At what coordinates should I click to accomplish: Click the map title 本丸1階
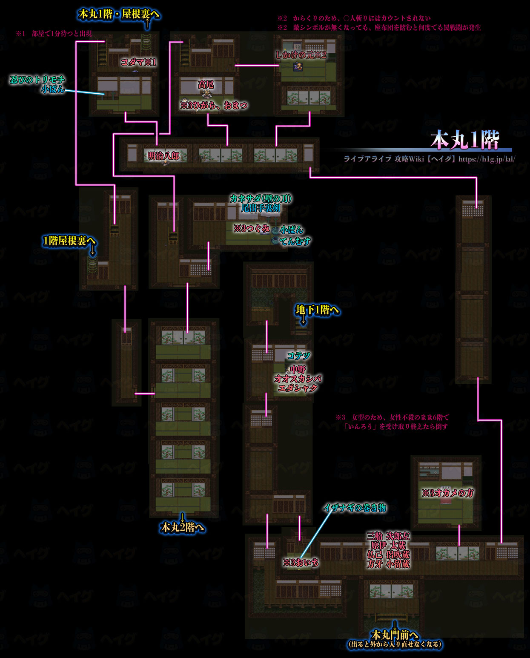tap(464, 140)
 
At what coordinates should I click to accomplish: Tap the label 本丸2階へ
tap(182, 527)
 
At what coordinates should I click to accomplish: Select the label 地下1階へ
tap(317, 310)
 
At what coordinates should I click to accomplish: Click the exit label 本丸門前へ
tap(395, 635)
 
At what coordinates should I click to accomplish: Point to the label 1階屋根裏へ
tap(69, 241)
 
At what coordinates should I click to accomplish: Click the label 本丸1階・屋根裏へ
tap(119, 14)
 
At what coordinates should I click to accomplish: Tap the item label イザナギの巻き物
tap(355, 508)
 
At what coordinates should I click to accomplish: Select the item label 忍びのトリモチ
tap(37, 80)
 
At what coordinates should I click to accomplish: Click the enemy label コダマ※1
tap(138, 62)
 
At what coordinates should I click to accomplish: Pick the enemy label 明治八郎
tap(163, 156)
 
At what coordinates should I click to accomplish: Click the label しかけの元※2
tap(301, 55)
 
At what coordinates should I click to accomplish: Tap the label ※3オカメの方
tap(447, 493)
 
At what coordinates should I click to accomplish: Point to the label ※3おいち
tap(301, 563)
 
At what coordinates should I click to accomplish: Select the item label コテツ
tap(298, 355)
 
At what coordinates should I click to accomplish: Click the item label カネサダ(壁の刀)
tap(261, 198)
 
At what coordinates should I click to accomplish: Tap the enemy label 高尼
tap(206, 85)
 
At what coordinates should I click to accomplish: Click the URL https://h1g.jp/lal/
tap(487, 159)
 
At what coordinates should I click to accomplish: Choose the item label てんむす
tap(295, 241)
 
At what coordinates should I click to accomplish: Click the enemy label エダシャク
tap(298, 388)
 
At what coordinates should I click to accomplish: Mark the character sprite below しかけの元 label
tap(298, 67)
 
